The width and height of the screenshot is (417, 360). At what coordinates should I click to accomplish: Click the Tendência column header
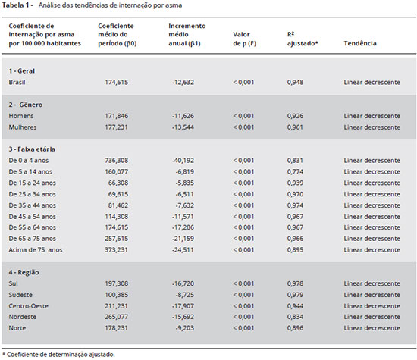tap(360, 43)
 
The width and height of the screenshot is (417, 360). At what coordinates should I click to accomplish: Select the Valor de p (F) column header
tap(244, 39)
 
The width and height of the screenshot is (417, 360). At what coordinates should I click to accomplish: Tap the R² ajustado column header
tap(303, 39)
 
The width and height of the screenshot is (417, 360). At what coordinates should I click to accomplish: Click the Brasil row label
tap(17, 82)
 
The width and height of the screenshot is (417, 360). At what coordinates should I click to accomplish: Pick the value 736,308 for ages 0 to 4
tap(116, 161)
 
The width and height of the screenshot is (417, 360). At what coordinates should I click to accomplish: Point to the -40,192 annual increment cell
tap(183, 161)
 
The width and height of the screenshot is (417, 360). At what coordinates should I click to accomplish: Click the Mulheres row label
tap(23, 127)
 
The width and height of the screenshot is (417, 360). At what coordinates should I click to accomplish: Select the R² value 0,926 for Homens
tap(295, 116)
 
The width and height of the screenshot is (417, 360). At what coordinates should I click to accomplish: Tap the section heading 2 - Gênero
tap(26, 105)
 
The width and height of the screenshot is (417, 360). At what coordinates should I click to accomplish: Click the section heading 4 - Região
tap(24, 272)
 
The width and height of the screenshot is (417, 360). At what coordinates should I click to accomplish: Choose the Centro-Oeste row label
tap(29, 306)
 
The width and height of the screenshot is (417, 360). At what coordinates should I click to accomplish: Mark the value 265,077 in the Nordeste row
tap(116, 317)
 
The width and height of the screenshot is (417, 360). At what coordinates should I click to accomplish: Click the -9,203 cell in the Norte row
tap(184, 328)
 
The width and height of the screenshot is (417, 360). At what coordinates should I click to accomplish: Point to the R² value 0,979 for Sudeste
tap(295, 295)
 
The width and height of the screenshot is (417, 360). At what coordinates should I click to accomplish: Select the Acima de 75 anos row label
tap(36, 250)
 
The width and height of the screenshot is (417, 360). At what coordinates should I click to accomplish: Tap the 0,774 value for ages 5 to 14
tap(295, 171)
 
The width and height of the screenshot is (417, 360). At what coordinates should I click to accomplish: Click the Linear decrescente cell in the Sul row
tap(372, 283)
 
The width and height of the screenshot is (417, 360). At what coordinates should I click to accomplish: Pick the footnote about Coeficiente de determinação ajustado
tap(59, 355)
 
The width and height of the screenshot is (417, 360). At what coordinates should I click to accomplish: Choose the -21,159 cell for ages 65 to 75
tap(183, 239)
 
